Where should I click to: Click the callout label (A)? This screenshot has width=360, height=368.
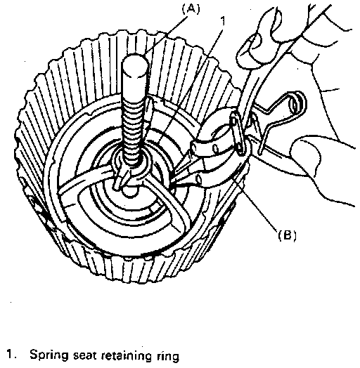point(191,9)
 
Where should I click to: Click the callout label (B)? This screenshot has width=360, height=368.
point(287,235)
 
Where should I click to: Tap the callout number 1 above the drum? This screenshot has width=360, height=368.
point(223,21)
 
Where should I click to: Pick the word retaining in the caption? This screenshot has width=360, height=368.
point(126,355)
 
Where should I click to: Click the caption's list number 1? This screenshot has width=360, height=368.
point(11,354)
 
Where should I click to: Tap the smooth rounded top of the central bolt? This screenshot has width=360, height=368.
point(136,66)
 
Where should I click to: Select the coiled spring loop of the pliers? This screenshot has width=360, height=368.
point(297,103)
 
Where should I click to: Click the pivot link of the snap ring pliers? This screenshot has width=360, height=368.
point(238,133)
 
